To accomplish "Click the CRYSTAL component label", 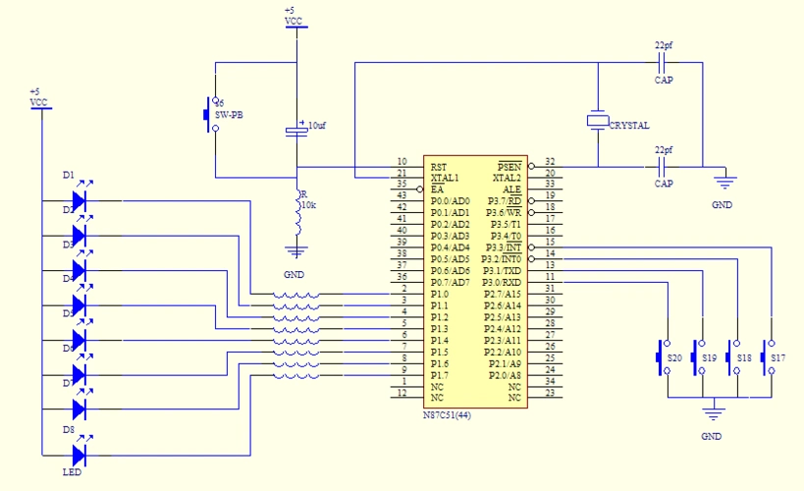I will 628,126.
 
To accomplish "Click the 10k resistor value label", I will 308,206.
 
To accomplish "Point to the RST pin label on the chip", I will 439,166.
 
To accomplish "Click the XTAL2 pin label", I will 505,178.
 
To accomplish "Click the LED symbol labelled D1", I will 80,198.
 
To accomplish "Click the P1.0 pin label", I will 440,294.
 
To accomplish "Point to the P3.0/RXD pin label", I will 502,282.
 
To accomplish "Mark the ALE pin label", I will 511,190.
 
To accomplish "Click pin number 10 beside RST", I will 402,161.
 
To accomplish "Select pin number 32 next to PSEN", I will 550,161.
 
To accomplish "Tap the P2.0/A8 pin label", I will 504,375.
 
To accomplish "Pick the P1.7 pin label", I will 440,375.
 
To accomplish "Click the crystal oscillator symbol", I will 597,121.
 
